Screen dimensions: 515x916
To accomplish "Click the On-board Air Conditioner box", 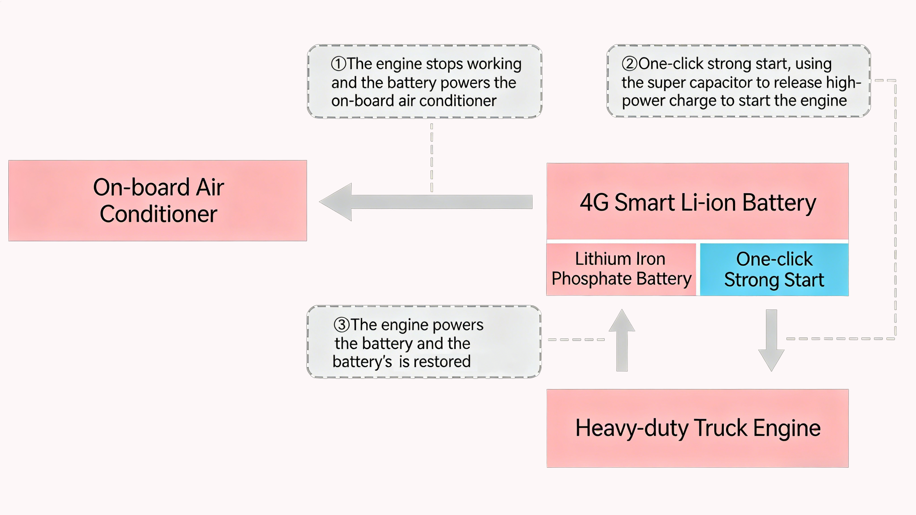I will tap(157, 201).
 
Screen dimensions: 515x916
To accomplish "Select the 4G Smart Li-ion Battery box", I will tap(697, 201).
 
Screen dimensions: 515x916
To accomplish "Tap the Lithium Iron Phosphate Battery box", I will tap(621, 269).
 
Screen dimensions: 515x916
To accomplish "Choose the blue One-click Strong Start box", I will tap(774, 269).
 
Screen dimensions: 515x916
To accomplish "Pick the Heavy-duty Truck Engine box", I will tap(697, 428).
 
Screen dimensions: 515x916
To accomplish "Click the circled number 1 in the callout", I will tap(338, 64).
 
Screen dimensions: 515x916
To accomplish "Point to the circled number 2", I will tap(629, 64).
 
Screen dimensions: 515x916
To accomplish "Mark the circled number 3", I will tap(341, 324).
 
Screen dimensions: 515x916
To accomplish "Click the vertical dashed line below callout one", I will tap(432, 156).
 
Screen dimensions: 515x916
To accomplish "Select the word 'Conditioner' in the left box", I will tap(158, 214).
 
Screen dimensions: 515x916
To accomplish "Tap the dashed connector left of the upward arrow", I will tap(576, 340).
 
